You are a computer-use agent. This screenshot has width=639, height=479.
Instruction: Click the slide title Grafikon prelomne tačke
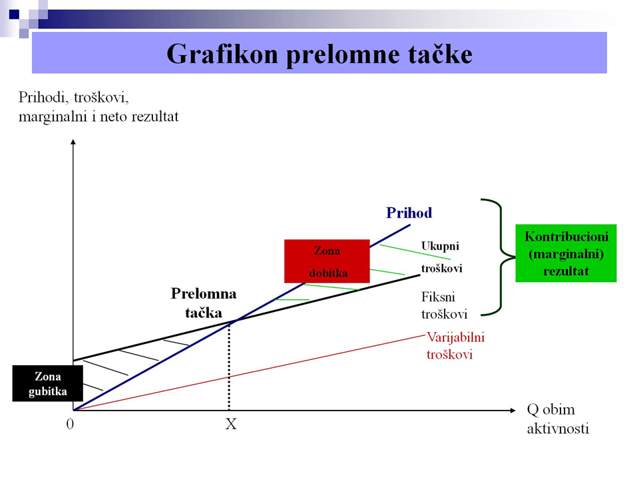319,54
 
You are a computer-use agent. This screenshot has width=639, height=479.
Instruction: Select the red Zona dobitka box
327,261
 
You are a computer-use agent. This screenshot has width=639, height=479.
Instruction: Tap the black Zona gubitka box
48,383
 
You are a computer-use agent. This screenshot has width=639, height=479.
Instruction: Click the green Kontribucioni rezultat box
566,253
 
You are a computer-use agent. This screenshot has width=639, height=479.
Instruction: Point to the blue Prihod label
409,213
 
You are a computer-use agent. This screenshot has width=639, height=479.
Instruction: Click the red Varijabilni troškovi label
455,346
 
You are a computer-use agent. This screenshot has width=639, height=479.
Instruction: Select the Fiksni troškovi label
444,305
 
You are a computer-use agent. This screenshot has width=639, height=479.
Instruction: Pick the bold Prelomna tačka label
204,303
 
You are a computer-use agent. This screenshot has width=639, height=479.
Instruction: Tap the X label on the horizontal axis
231,424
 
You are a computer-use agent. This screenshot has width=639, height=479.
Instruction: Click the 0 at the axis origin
70,424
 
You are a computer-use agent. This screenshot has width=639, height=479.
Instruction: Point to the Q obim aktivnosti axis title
558,418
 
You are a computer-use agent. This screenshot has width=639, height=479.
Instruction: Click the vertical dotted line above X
229,366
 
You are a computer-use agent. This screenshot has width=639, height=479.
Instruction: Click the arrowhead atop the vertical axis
73,142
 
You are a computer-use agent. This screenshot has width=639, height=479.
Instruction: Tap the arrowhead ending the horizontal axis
513,410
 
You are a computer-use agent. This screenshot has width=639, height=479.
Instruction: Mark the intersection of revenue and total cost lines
235,321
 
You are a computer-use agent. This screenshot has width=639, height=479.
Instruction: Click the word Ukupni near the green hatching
440,246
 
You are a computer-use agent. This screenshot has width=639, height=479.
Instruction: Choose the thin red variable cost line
249,373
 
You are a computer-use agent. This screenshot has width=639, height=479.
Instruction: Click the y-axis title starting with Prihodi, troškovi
99,106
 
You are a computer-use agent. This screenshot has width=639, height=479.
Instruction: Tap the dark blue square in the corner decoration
14,14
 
